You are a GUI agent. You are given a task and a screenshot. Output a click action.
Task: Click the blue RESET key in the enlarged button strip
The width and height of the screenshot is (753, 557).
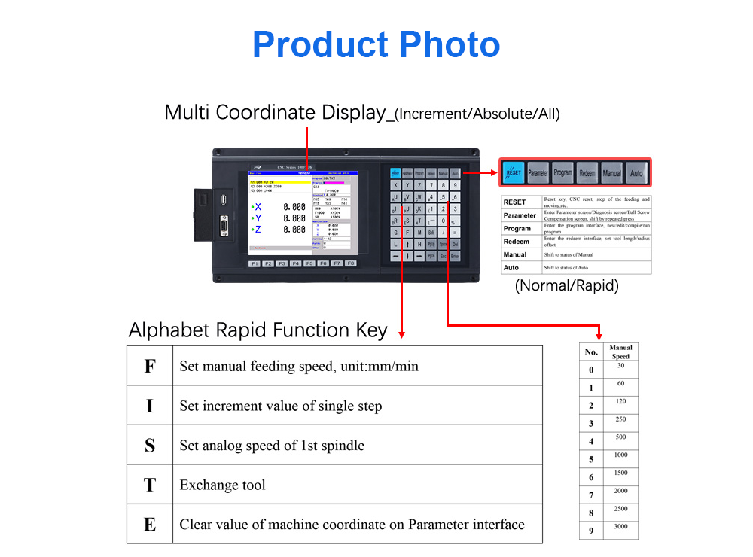coord(514,172)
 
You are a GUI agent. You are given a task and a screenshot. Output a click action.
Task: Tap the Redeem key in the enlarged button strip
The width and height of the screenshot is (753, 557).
coord(587,172)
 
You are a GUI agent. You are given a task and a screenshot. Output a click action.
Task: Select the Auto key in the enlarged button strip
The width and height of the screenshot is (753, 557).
coord(636,172)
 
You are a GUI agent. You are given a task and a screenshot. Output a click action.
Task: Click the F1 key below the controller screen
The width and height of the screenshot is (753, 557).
coord(255,264)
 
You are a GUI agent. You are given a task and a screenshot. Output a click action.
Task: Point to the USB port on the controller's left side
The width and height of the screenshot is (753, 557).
coord(224,200)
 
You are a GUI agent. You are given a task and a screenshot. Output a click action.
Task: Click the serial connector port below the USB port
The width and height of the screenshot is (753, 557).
coord(224,227)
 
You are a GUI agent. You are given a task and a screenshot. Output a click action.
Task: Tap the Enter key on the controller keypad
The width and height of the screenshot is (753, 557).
coord(455,257)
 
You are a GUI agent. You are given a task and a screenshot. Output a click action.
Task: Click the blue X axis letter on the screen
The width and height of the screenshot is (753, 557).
coord(258,207)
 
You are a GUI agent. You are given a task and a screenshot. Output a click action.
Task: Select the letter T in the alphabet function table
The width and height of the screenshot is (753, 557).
coord(150,485)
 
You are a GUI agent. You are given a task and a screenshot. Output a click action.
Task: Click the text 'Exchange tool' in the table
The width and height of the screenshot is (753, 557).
coord(222,485)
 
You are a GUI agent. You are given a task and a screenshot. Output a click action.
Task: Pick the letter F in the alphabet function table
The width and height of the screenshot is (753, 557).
coord(150,367)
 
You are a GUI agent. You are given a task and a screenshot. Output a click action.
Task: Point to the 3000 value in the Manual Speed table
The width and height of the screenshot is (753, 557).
coord(620,527)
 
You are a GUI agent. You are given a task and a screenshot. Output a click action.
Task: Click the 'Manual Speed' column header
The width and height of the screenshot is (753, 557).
coord(620,352)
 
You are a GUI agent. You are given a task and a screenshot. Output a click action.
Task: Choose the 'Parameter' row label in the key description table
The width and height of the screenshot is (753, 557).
coord(520,215)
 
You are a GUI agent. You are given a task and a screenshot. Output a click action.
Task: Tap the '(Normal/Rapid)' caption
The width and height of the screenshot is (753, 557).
coord(566,286)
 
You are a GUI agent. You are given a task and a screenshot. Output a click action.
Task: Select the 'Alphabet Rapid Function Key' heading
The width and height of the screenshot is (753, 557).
coord(258,330)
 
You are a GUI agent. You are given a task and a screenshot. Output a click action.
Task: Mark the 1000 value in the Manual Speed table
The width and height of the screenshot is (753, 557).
coord(620,455)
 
